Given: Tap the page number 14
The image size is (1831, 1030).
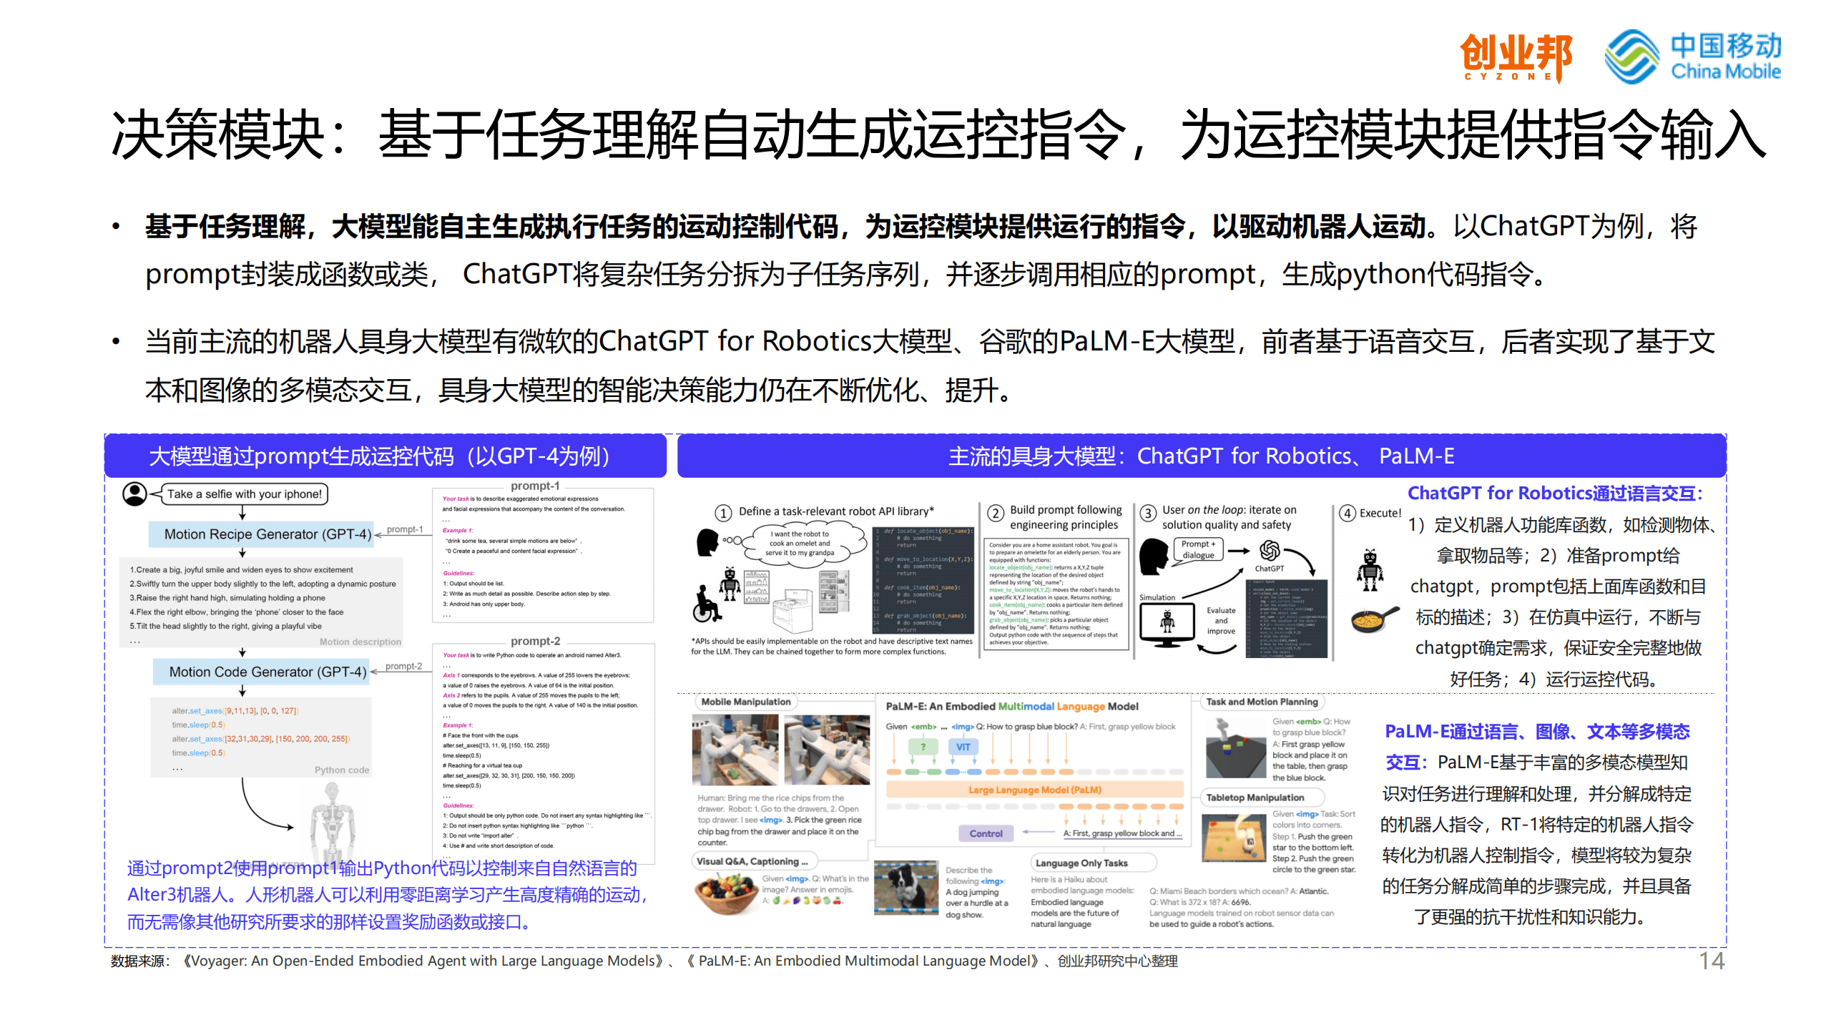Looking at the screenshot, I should [x=1712, y=961].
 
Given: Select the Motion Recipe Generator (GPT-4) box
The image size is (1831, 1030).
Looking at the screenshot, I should [x=261, y=534].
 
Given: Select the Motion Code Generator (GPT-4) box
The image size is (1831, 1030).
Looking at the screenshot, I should [x=261, y=672].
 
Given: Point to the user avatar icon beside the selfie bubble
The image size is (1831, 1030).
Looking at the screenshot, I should [x=134, y=494].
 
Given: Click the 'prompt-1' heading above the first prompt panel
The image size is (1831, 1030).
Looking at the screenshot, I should [x=535, y=486].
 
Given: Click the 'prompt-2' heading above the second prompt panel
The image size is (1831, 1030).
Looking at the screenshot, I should [x=535, y=641].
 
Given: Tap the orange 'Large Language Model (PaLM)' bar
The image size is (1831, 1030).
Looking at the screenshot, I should [x=1034, y=790].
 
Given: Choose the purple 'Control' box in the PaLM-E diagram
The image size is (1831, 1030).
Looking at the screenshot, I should [x=986, y=833].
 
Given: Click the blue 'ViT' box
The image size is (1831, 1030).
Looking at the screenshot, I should [x=963, y=747].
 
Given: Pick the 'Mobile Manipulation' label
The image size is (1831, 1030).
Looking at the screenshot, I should [x=745, y=702].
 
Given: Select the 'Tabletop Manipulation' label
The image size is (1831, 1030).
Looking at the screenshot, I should [x=1255, y=798].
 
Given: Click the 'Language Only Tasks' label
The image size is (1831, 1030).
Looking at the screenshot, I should [x=1081, y=863].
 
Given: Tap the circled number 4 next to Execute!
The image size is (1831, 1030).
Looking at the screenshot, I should [x=1348, y=513].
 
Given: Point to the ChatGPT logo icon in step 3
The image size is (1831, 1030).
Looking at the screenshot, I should [x=1270, y=550].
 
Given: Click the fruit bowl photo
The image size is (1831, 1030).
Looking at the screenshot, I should [x=726, y=894].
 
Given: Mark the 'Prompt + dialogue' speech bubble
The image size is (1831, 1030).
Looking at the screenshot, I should [x=1199, y=549].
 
